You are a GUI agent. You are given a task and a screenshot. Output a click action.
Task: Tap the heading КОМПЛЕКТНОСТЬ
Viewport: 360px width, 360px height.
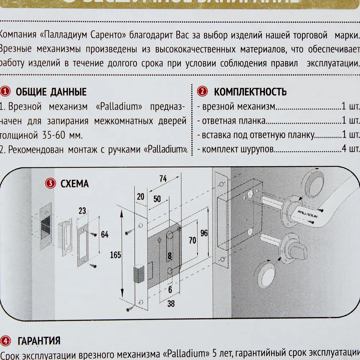pyautogui.click(x=251, y=92)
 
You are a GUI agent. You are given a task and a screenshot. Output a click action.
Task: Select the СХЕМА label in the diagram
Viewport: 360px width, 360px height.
pyautogui.click(x=75, y=184)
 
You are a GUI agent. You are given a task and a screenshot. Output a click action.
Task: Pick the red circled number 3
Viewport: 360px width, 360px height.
pyautogui.click(x=50, y=184)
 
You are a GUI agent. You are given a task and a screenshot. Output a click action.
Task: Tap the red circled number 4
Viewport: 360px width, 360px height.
pyautogui.click(x=6, y=341)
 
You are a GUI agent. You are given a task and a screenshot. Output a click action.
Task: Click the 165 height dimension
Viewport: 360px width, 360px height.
pyautogui.click(x=116, y=255)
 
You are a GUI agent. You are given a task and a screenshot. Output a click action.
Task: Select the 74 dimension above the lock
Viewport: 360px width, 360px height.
pyautogui.click(x=163, y=179)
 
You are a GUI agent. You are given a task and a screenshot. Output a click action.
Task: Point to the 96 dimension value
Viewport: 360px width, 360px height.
pyautogui.click(x=204, y=233)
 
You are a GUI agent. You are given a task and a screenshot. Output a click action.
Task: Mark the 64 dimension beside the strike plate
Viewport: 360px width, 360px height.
pyautogui.click(x=105, y=235)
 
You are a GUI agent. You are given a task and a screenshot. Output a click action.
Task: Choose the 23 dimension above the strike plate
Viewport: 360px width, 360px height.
pyautogui.click(x=82, y=211)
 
